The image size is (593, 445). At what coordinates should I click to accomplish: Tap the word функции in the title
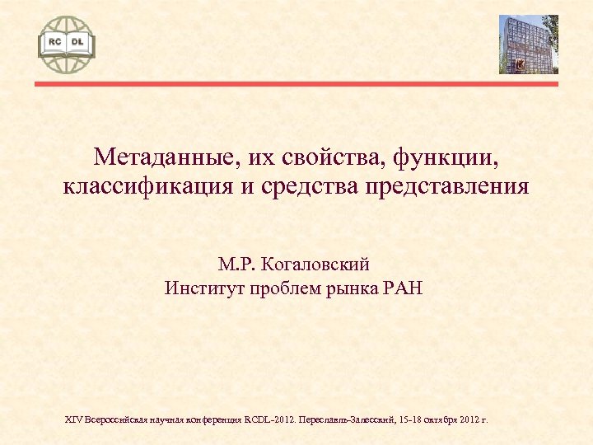[x=438, y=156]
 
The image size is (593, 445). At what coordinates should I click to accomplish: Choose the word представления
[x=453, y=187]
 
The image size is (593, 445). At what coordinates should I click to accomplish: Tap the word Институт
[x=202, y=288]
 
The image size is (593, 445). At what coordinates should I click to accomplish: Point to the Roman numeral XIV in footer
[x=73, y=419]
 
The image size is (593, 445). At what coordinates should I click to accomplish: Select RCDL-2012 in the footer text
[x=268, y=419]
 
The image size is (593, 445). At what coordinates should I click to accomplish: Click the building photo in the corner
[x=528, y=44]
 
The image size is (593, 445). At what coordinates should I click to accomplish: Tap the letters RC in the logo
[x=55, y=40]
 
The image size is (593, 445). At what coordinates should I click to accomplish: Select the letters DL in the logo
[x=77, y=40]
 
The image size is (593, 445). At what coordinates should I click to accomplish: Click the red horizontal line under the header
[x=296, y=82]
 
